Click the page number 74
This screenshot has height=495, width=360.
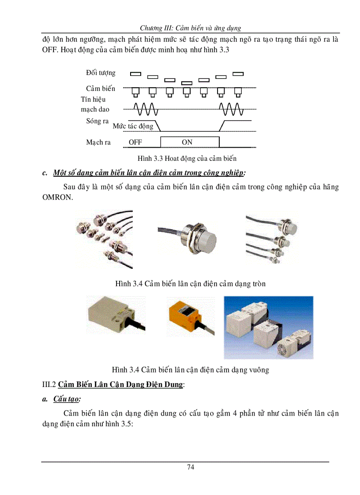(x=190, y=467)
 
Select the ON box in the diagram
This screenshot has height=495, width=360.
(x=189, y=142)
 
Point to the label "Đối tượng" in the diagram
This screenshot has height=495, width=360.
(x=101, y=73)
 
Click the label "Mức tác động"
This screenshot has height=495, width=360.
(x=133, y=126)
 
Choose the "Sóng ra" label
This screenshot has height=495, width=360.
(x=97, y=121)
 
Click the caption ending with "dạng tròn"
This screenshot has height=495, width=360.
(x=190, y=283)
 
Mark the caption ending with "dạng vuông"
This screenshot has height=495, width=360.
(x=190, y=369)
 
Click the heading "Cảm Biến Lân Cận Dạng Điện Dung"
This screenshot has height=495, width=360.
(x=120, y=384)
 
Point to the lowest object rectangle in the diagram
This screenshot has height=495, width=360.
(x=187, y=83)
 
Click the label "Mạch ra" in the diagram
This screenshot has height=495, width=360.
(x=98, y=142)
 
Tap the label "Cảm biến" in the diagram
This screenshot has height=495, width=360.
(x=100, y=89)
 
